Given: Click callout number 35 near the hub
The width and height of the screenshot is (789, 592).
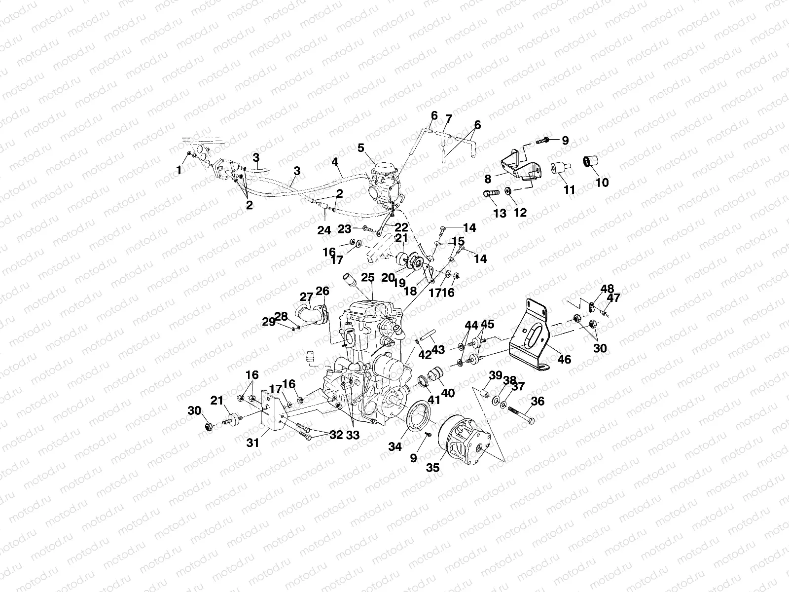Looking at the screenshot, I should [433, 467].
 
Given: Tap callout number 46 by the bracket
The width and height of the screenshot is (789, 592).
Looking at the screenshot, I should [564, 360].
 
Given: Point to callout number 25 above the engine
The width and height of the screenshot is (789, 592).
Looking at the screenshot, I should [367, 278].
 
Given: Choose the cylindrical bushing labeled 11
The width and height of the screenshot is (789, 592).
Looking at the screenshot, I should [562, 170].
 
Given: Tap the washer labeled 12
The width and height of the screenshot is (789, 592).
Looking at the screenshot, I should [508, 190].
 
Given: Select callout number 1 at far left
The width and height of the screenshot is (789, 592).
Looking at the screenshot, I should [179, 170].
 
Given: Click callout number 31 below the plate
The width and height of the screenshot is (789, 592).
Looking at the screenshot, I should [253, 443].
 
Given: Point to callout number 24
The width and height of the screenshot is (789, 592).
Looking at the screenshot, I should [324, 230].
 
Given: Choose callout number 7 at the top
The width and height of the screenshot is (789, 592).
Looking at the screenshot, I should [448, 119].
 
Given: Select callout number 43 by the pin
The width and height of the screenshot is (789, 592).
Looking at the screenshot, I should [438, 350].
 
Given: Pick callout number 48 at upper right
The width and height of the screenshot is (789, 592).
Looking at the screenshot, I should [607, 289].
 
